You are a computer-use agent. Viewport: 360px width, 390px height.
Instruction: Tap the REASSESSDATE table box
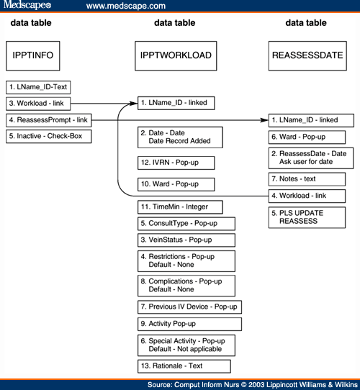pos(305,55)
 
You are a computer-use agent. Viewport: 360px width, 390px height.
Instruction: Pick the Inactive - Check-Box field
pos(48,135)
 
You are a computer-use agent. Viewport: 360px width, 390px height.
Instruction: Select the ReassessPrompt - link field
pos(48,119)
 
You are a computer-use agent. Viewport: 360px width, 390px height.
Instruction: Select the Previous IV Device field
pos(189,307)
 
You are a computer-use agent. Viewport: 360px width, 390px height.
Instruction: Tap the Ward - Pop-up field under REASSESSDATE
pos(304,136)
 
